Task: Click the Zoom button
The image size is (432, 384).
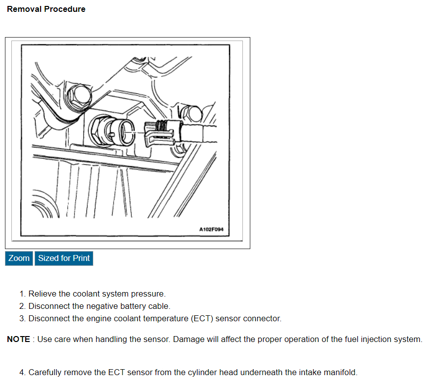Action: (x=19, y=258)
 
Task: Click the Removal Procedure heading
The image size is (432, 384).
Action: (x=46, y=9)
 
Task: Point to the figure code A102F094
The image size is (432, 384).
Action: (x=211, y=229)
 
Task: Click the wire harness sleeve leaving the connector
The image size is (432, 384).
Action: (x=198, y=134)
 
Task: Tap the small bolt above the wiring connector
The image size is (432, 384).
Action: (x=192, y=114)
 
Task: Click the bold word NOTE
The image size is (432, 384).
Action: (x=18, y=339)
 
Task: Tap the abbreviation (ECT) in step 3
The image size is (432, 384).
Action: (x=202, y=319)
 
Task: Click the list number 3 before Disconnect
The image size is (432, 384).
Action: (x=22, y=319)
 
